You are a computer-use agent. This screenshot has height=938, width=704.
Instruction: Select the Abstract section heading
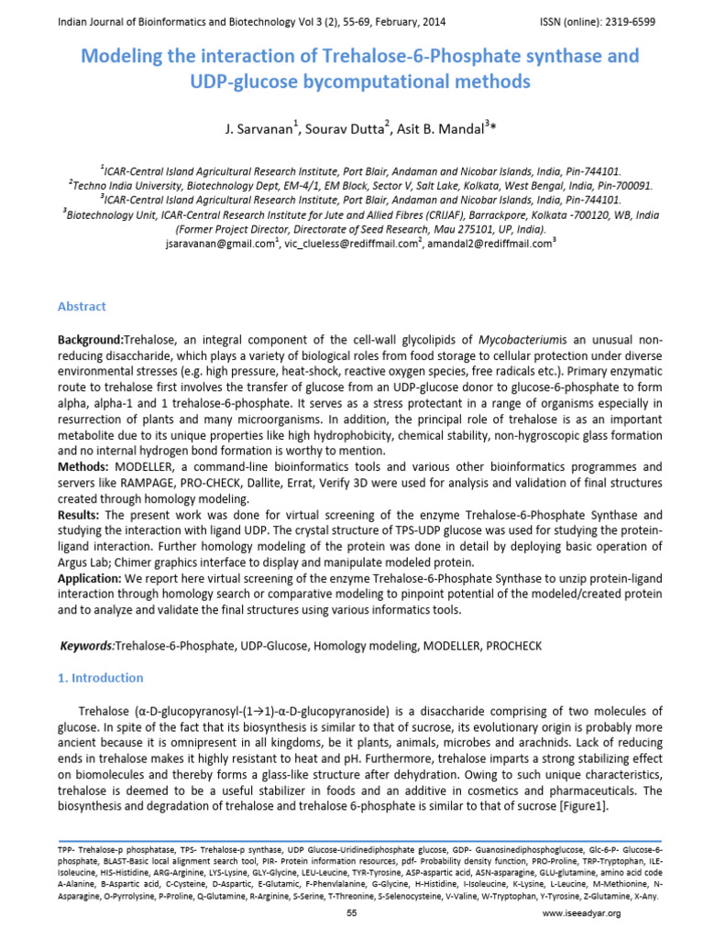coord(82,307)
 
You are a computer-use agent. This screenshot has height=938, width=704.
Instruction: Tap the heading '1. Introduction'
coord(101,678)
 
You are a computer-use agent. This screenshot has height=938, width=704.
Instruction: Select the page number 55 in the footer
coord(352,913)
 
